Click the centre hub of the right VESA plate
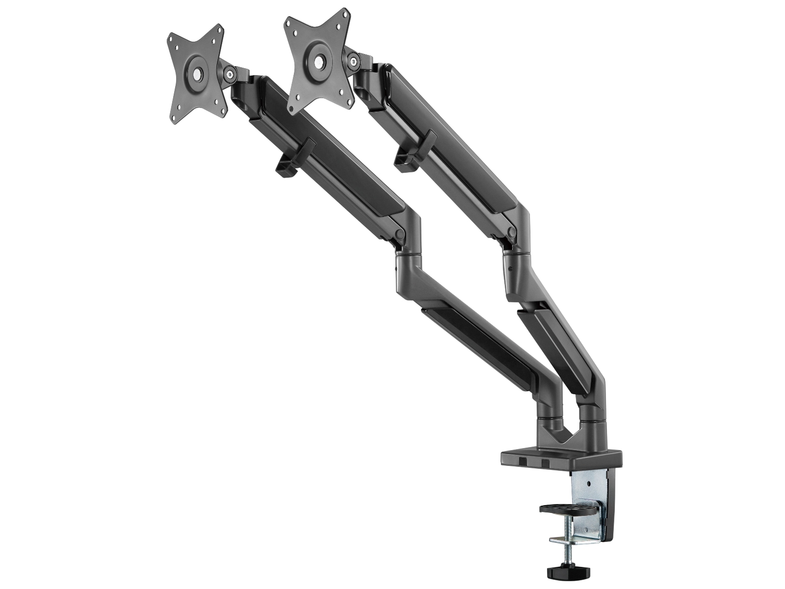point(320,62)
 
